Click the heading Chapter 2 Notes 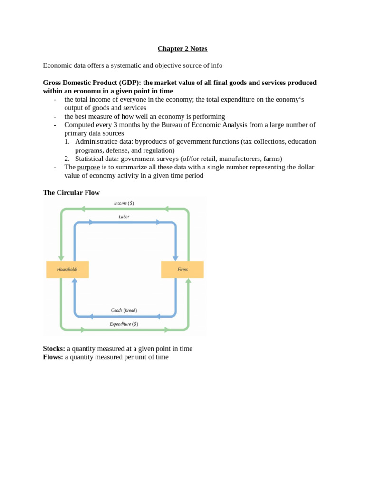click(182, 49)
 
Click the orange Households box click(67, 269)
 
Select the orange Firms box click(182, 269)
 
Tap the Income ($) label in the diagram click(124, 203)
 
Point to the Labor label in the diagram click(124, 217)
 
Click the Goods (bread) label click(124, 310)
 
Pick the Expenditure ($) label click(124, 324)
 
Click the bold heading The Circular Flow click(71, 193)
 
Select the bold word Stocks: click(54, 349)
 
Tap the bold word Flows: click(53, 357)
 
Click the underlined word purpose click(88, 167)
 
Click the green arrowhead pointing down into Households click(61, 258)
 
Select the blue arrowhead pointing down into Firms click(175, 258)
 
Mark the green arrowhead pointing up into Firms click(188, 280)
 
